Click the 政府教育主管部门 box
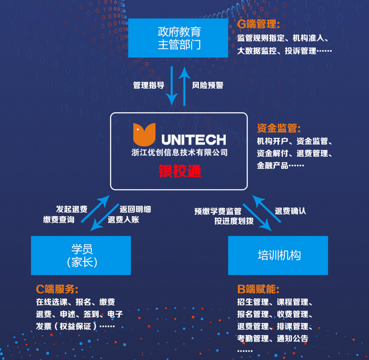point(179,38)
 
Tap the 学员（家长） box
point(81,255)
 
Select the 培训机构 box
point(278,255)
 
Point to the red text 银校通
point(179,171)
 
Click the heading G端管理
point(259,24)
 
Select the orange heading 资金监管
point(278,128)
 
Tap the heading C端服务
point(57,289)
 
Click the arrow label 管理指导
point(149,85)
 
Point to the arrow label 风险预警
point(208,85)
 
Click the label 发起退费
point(72,209)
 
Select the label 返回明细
point(136,209)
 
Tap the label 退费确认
point(290,211)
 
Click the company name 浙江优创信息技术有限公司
point(179,153)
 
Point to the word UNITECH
point(193,139)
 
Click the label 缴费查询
point(59,220)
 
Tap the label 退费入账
point(124,220)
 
